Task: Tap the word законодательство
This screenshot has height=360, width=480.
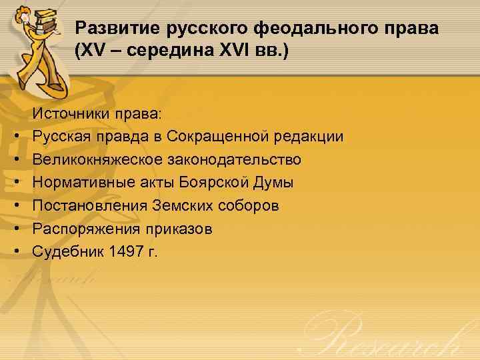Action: point(238,160)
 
